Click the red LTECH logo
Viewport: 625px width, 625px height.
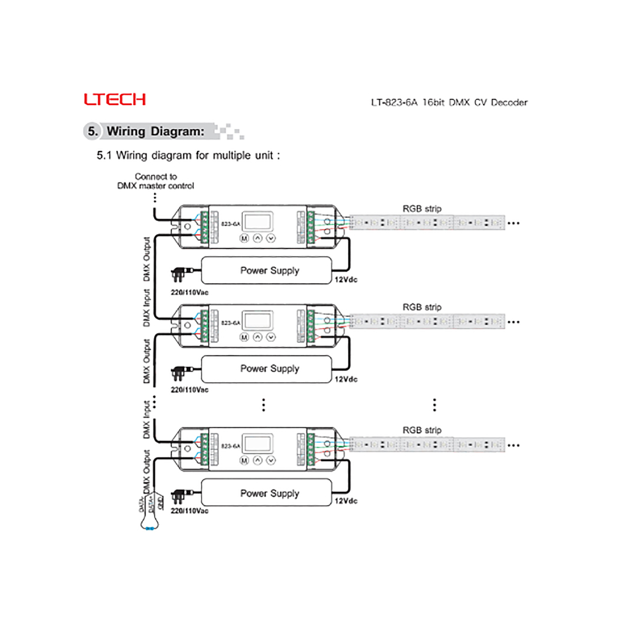pyautogui.click(x=114, y=99)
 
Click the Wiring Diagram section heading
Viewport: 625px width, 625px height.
pyautogui.click(x=155, y=131)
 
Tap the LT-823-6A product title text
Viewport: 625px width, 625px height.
pyautogui.click(x=449, y=102)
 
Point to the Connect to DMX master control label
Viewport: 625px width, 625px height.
pyautogui.click(x=156, y=181)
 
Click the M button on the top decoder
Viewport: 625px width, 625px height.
pyautogui.click(x=244, y=238)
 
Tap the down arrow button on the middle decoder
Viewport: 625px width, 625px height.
pyautogui.click(x=271, y=337)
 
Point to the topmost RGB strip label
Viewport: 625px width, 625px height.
pyautogui.click(x=422, y=209)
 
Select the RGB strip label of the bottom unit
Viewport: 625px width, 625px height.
pyautogui.click(x=422, y=430)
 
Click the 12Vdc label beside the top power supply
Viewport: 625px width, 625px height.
pyautogui.click(x=346, y=280)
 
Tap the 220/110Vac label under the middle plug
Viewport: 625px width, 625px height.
pyautogui.click(x=190, y=390)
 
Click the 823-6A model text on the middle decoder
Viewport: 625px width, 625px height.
pyautogui.click(x=231, y=323)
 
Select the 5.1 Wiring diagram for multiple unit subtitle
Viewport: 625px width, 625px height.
pyautogui.click(x=188, y=156)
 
